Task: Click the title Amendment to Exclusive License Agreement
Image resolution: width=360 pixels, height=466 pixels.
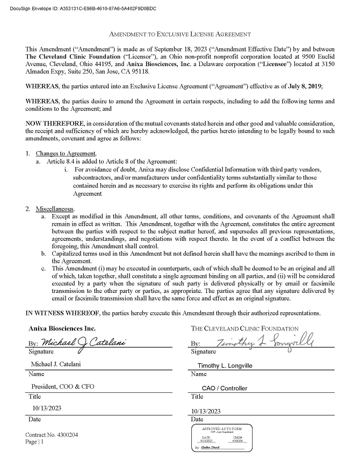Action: tap(180, 34)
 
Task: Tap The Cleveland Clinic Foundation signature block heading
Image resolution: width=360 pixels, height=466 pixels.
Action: tap(244, 328)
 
